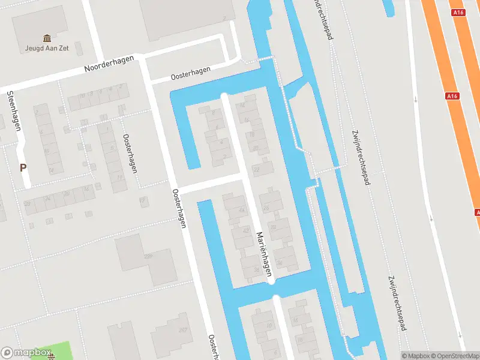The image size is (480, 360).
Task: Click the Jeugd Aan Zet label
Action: pyautogui.click(x=46, y=48)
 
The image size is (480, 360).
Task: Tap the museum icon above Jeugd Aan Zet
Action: pyautogui.click(x=46, y=38)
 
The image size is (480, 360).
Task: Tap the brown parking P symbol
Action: pyautogui.click(x=23, y=168)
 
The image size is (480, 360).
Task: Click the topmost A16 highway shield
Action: pyautogui.click(x=458, y=12)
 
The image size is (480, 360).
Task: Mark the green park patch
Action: pyautogui.click(x=54, y=352)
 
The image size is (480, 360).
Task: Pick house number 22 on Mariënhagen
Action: pyautogui.click(x=256, y=170)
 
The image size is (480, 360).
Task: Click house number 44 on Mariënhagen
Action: pyautogui.click(x=242, y=209)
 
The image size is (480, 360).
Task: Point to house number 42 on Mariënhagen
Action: pyautogui.click(x=245, y=230)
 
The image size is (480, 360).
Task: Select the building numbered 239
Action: pyautogui.click(x=148, y=257)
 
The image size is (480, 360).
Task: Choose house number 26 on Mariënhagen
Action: pyautogui.click(x=265, y=207)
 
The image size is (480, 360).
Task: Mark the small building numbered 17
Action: pyautogui.click(x=142, y=200)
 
